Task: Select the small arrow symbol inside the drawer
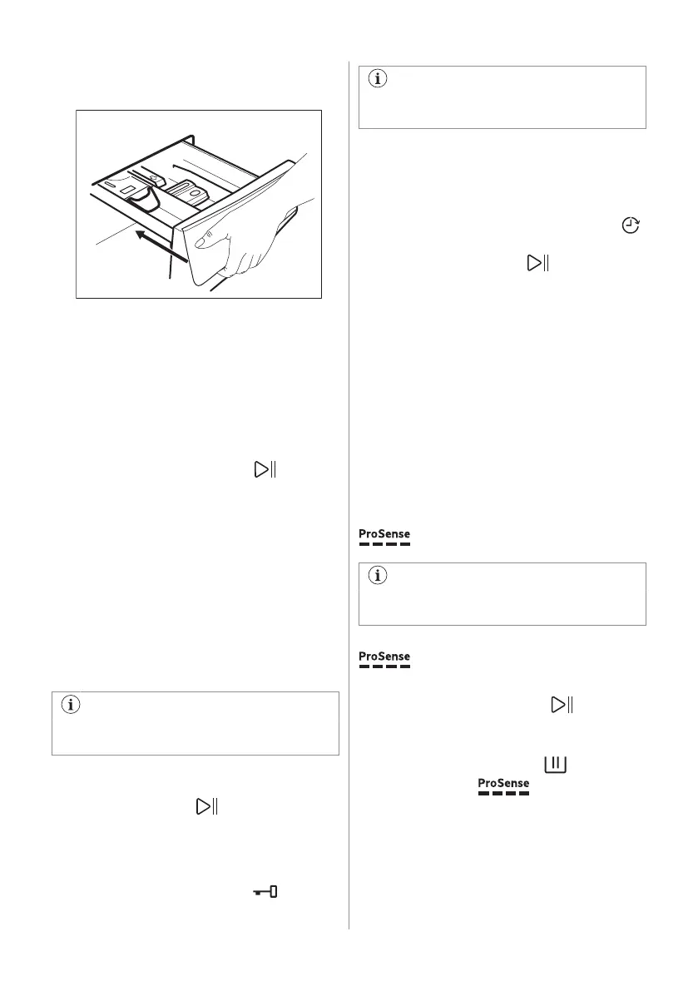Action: pyautogui.click(x=154, y=177)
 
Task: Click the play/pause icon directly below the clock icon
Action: pyautogui.click(x=538, y=264)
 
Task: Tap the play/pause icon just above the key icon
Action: pyautogui.click(x=205, y=806)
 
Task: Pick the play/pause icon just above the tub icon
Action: pyautogui.click(x=562, y=706)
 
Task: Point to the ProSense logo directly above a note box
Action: pyautogui.click(x=384, y=537)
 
